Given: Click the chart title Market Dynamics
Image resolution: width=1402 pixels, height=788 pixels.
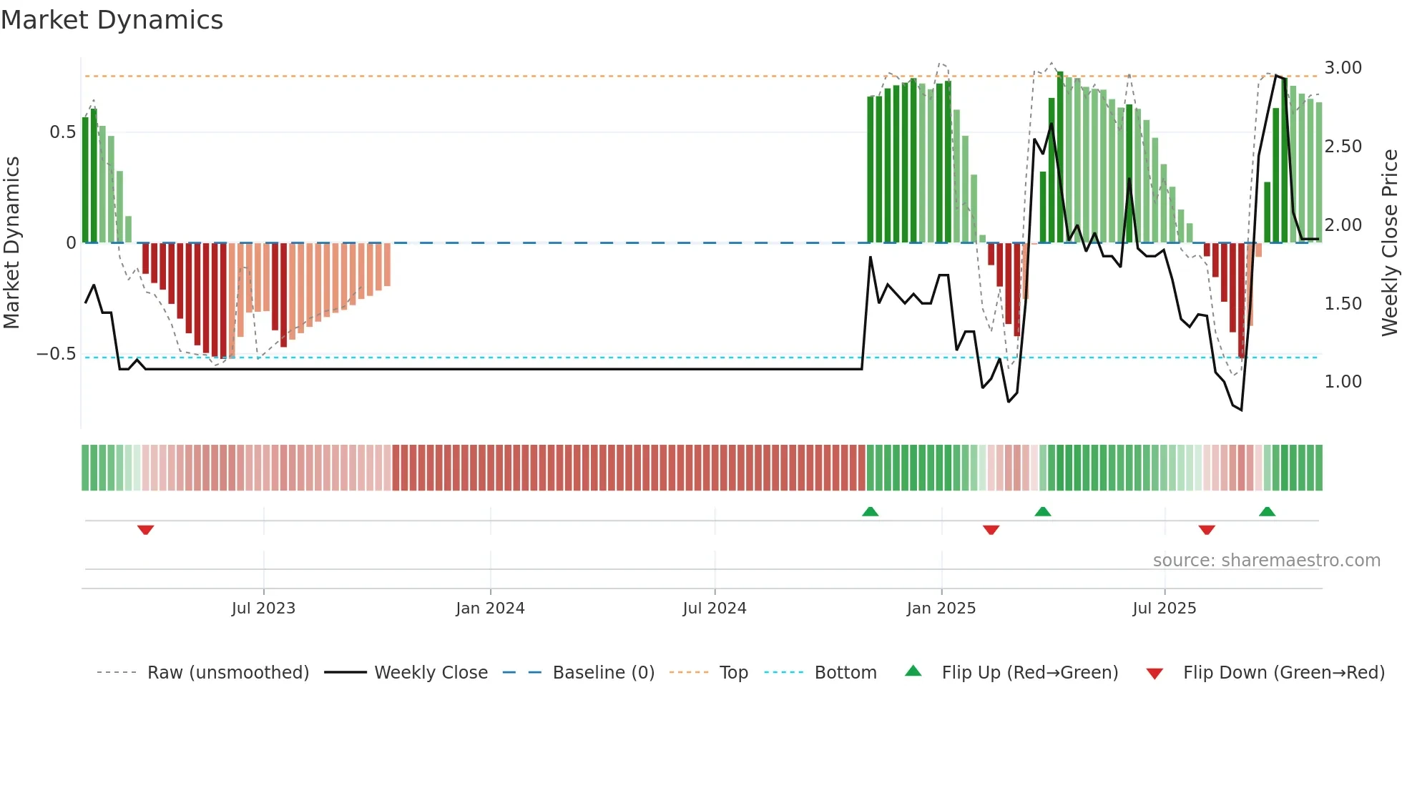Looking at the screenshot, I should [112, 20].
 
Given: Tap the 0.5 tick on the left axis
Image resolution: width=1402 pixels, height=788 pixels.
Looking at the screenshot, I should [62, 132].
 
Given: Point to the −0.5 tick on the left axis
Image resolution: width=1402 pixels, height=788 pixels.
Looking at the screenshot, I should [57, 354].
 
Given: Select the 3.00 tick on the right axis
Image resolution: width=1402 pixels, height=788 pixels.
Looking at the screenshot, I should [1343, 68].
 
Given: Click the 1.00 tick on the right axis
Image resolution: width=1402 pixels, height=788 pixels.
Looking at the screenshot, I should [1343, 382].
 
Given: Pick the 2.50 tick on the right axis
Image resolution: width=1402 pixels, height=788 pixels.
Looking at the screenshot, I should [1343, 147].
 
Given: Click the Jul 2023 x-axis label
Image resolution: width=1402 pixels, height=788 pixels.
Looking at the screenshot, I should [263, 609].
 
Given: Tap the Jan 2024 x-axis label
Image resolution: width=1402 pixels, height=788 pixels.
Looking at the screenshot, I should [490, 609].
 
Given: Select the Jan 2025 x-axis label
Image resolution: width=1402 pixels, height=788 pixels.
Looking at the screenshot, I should [941, 609].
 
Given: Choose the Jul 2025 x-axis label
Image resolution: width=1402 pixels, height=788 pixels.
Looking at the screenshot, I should [1164, 609].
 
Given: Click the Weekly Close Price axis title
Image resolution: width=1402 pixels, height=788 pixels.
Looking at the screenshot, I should [1389, 242].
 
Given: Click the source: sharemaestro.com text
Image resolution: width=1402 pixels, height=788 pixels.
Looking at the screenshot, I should [1266, 561].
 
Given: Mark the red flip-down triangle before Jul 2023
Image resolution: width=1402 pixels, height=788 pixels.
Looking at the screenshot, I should [146, 530].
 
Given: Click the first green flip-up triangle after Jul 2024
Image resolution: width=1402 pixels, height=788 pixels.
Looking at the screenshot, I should [870, 511].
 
